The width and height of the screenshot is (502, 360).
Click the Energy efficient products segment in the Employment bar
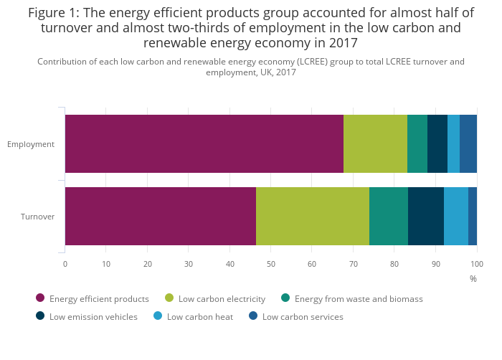[x=204, y=143]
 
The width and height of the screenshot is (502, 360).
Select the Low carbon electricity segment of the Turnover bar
[x=313, y=216]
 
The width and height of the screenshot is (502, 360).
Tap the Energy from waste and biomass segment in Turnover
[x=389, y=216]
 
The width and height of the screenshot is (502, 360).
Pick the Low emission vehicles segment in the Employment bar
[x=437, y=143]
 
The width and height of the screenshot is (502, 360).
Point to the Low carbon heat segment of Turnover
[x=456, y=216]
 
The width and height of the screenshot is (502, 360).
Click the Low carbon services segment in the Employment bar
[x=468, y=143]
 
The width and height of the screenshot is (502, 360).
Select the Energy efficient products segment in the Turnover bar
[x=160, y=216]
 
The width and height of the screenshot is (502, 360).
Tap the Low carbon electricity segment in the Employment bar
[x=375, y=143]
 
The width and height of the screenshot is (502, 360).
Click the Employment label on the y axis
[x=31, y=144]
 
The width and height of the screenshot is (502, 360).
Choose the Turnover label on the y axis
[x=37, y=217]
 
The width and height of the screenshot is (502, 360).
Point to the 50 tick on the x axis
[x=271, y=263]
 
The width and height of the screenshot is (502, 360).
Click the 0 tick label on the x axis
[x=65, y=263]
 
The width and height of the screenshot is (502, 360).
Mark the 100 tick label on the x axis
[x=477, y=263]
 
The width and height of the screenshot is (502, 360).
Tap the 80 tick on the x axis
[x=394, y=263]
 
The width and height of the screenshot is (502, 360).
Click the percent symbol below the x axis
[x=473, y=278]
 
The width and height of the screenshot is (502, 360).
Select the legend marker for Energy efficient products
[x=40, y=298]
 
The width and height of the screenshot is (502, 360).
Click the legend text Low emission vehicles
[x=93, y=317]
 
